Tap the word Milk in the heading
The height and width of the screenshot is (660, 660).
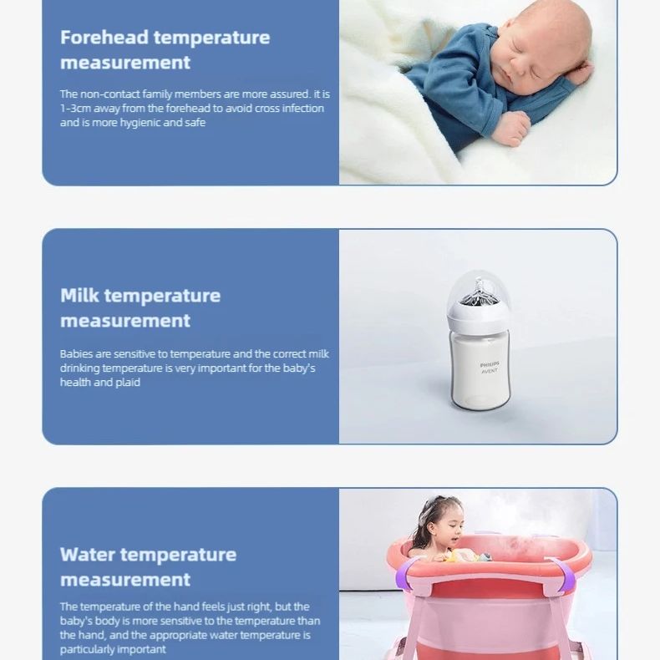click(79, 296)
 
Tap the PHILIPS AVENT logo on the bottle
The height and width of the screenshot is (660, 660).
click(489, 368)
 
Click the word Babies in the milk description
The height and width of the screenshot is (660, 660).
click(75, 354)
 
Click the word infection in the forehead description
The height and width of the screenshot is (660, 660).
click(302, 109)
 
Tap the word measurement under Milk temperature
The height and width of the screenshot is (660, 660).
click(125, 321)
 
